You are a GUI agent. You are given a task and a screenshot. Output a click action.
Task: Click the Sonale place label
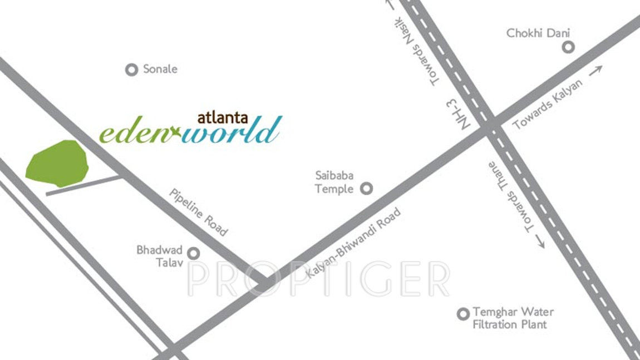pos(160,69)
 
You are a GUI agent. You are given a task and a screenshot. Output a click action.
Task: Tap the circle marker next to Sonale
pos(131,70)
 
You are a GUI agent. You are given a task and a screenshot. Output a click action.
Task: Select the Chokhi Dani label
pos(538,33)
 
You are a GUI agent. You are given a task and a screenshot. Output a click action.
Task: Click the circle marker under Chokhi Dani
pos(568,47)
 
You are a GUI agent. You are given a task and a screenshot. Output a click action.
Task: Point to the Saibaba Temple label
pos(334,183)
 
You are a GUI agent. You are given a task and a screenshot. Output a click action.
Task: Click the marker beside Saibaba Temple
pos(366,189)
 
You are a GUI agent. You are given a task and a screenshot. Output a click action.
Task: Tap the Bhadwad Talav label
pos(160,256)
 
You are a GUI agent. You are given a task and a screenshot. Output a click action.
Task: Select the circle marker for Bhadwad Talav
pos(193,254)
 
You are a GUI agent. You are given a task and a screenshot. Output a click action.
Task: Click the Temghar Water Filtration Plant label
pos(513,318)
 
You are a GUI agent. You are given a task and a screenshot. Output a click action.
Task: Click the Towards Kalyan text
pos(548,104)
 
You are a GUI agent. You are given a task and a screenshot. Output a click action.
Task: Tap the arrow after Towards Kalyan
pos(595,71)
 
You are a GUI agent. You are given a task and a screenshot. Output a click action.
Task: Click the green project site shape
pos(57,163)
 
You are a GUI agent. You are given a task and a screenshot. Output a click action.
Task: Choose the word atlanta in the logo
pos(223,118)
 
